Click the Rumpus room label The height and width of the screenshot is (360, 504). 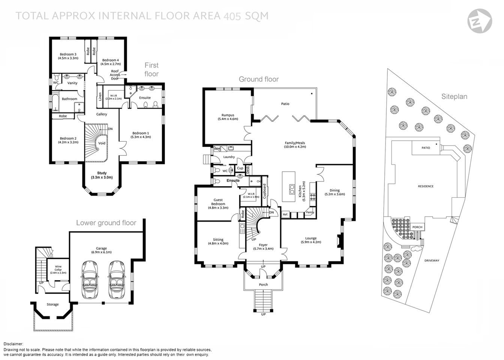228,117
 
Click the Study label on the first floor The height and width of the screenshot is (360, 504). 102,175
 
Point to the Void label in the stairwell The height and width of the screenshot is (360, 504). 102,143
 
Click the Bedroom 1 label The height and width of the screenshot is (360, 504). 141,135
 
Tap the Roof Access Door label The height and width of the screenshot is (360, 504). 115,75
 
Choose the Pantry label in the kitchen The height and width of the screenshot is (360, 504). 310,212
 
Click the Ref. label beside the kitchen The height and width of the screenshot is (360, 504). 285,214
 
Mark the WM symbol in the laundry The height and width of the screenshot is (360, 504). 217,149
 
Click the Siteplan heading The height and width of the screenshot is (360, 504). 454,96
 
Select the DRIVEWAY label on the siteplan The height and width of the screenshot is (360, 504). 432,261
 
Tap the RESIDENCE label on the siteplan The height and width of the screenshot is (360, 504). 426,186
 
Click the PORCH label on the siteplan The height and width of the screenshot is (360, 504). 417,227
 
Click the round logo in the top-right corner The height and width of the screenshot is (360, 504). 480,20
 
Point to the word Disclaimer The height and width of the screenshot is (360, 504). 13,344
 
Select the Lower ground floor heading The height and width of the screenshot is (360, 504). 106,223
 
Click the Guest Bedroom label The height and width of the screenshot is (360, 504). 218,204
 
